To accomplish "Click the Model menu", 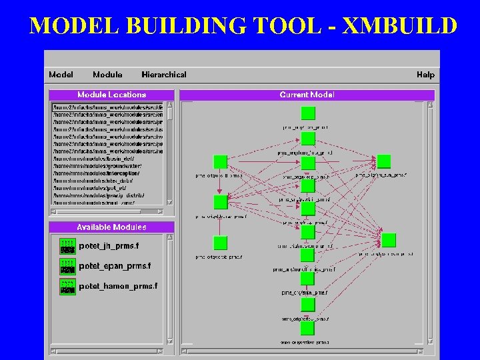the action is tap(61, 75).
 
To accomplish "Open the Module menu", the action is tap(107, 75).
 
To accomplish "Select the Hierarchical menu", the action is tap(164, 75).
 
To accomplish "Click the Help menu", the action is tap(425, 75).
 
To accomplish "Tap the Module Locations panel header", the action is tap(111, 95).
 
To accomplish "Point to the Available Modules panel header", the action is tap(111, 227).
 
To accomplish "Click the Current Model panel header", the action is tap(307, 95).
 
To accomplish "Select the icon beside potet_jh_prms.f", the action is tap(67, 246).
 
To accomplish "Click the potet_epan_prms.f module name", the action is tap(115, 266).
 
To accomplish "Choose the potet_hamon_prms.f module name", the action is tap(118, 286).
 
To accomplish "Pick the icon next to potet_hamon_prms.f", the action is tap(67, 286).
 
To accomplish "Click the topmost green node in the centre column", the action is tap(307, 113).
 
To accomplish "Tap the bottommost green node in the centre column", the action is tap(307, 329).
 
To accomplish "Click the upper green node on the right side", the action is tap(383, 161).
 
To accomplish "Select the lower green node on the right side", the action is tap(389, 240).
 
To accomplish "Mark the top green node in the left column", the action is tap(220, 162).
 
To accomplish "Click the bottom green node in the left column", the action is tap(220, 243).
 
